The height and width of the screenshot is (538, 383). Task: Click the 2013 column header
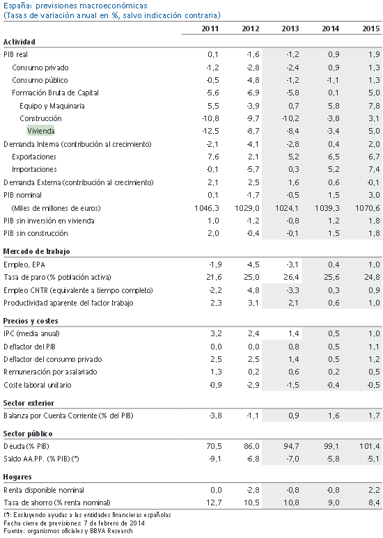290,29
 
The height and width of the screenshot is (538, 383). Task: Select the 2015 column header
371,29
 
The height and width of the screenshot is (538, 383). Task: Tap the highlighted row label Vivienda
40,131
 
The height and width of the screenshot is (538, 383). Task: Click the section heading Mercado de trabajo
36,251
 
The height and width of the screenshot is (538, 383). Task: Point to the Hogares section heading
17,477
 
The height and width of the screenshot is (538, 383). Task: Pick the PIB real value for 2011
213,54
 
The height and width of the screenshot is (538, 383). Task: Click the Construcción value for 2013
290,118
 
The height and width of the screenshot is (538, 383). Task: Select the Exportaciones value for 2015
374,157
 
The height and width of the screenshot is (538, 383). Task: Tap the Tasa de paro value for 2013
291,277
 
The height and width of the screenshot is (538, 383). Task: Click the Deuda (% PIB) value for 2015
370,446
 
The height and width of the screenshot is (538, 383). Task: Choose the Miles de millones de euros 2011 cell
207,208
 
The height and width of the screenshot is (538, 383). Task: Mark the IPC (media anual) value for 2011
216,333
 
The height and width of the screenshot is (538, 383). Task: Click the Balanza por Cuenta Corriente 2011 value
215,416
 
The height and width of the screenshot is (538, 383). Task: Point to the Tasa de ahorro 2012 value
251,503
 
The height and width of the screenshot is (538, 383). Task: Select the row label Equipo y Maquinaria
52,106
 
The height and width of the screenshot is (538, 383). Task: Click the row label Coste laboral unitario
38,385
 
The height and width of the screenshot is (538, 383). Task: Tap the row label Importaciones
34,169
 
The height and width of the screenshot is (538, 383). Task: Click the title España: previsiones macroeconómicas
75,6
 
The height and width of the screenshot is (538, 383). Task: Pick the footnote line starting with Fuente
68,531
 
